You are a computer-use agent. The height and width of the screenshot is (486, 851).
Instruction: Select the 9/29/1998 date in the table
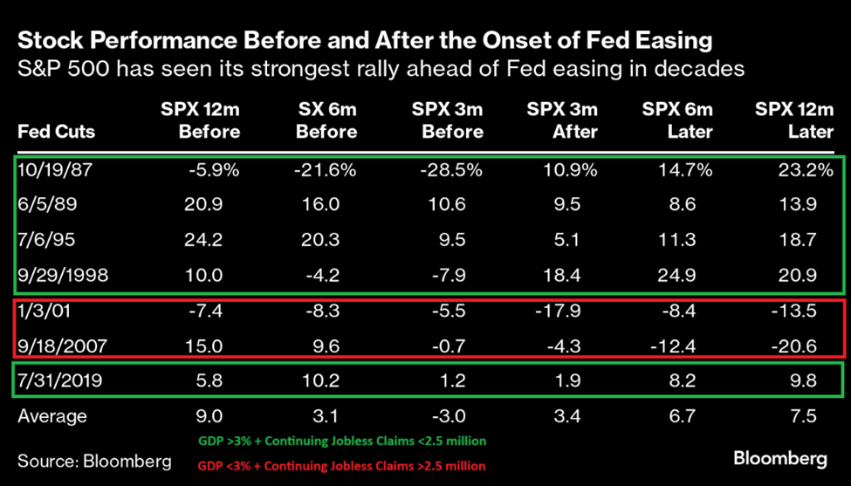pos(62,277)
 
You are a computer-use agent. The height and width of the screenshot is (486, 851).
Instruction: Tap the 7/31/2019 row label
pos(62,381)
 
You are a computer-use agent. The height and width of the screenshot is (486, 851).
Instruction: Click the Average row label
pos(52,416)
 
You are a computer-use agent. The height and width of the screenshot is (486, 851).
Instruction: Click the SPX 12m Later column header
pos(793,120)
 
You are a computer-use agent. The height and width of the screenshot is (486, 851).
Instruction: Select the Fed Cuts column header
pos(56,132)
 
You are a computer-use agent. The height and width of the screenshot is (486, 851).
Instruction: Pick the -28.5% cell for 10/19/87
pos(452,171)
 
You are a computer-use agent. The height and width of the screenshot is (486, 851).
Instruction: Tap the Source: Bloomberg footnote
pos(94,459)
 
